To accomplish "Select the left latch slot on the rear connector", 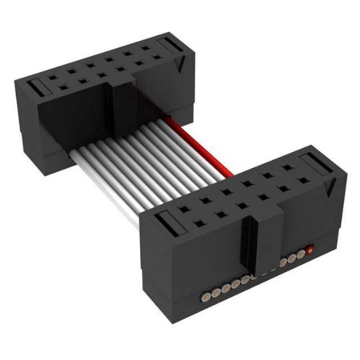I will pyautogui.click(x=38, y=86).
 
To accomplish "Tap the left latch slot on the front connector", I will pyautogui.click(x=172, y=226).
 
